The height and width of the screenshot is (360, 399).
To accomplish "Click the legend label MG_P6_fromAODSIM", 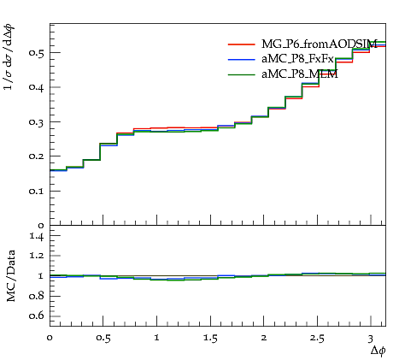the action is point(320,44).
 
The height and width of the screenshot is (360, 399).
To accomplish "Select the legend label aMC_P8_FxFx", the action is point(297,59).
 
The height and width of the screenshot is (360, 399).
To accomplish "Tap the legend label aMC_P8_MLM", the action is point(300,74).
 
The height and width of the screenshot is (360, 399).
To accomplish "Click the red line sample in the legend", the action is point(241,44).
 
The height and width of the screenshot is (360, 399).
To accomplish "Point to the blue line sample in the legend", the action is point(241,59).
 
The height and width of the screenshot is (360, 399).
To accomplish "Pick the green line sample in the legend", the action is point(241,74).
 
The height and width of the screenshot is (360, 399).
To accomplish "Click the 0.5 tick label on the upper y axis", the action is point(37,53).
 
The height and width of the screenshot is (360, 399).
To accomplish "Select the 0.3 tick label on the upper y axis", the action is point(37,122).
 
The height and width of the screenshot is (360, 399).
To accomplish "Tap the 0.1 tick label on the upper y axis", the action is point(37,191).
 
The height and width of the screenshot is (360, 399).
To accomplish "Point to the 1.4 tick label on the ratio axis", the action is point(37,236).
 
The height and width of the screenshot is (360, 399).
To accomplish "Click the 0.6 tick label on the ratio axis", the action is point(37,316).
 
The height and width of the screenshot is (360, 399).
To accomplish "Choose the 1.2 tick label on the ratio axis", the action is point(37,256).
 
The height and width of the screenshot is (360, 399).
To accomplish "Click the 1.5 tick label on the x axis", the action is point(210,338).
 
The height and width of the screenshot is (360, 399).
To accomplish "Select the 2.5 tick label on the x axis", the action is point(317,338).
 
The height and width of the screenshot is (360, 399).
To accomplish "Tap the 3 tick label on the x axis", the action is point(371,339).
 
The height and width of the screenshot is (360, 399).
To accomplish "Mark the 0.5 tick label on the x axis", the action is point(103,338).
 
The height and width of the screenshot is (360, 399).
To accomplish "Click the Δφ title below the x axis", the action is point(378,351).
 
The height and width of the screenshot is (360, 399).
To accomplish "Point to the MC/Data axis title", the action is point(11,276).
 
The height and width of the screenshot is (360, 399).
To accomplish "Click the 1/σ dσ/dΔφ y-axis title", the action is point(9,57).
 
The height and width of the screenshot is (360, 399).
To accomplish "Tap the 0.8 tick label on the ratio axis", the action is point(37,296).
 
